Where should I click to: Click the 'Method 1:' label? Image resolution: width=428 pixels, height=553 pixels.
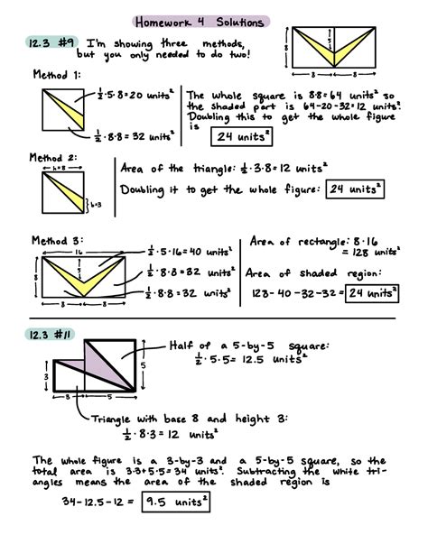55,75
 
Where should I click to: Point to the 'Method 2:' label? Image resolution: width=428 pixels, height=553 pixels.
55,156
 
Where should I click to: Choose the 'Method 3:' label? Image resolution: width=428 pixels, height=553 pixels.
55,240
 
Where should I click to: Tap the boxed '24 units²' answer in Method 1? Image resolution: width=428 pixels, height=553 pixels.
242,136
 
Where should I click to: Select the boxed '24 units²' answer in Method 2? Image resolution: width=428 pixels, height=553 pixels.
355,189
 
